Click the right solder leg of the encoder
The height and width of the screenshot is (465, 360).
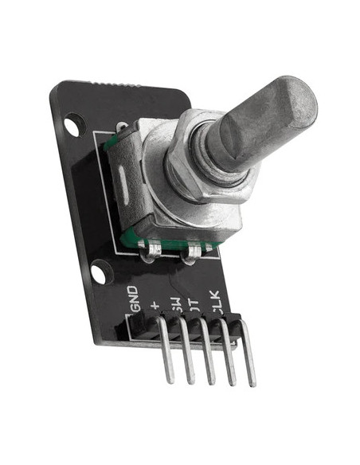click(192, 255)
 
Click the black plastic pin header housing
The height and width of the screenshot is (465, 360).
click(183, 328)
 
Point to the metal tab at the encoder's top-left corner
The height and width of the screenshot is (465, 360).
click(121, 127)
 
